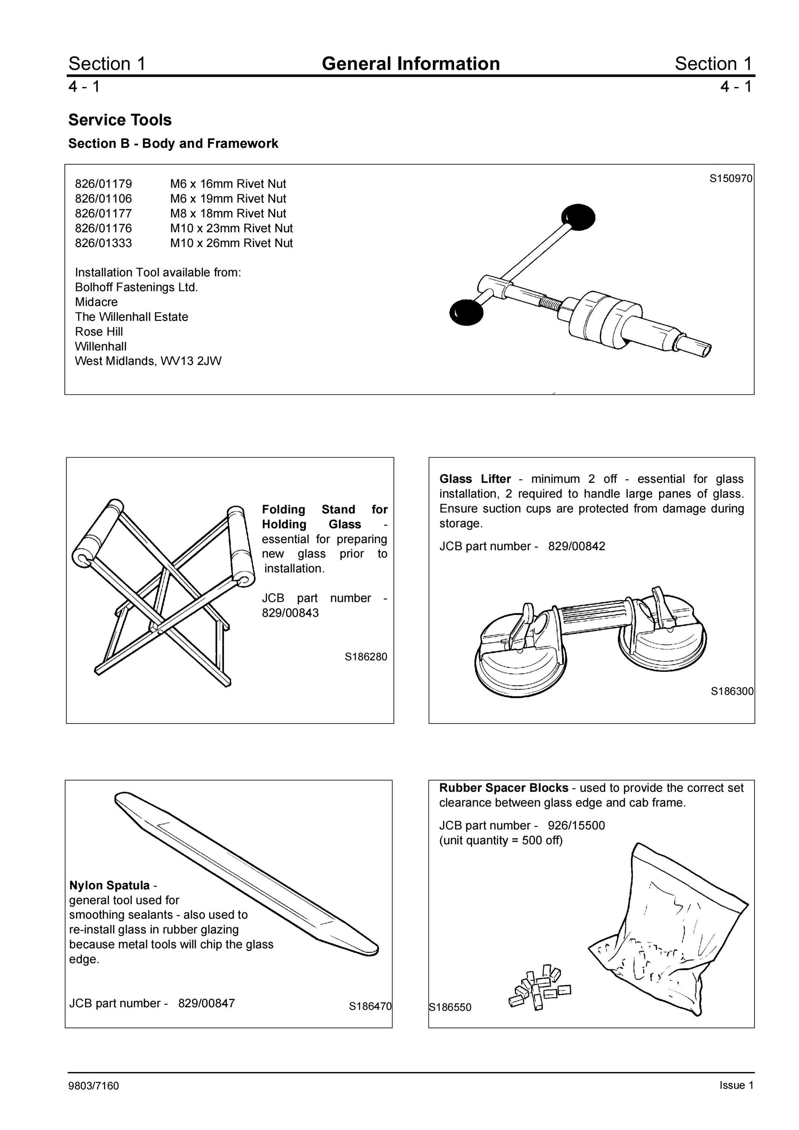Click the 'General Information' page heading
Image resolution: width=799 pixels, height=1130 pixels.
coord(410,64)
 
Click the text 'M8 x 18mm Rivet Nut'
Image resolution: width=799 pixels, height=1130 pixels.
coord(228,213)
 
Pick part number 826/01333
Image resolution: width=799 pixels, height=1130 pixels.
coord(103,243)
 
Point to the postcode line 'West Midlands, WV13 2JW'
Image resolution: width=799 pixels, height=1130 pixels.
coord(148,361)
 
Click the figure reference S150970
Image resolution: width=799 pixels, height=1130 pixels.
coord(730,178)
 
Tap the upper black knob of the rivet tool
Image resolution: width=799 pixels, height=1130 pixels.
coord(579,217)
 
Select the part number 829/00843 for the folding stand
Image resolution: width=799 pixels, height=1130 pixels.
coord(291,613)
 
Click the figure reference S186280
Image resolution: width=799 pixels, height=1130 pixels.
coord(366,657)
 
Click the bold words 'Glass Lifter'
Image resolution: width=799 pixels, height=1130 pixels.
coord(475,479)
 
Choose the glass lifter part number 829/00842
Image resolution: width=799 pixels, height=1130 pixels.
coord(577,546)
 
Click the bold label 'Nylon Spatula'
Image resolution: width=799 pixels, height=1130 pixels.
coord(109,886)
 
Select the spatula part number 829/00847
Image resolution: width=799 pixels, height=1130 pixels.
coord(206,1003)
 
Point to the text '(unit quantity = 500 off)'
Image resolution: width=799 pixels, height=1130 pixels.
coord(501,840)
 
